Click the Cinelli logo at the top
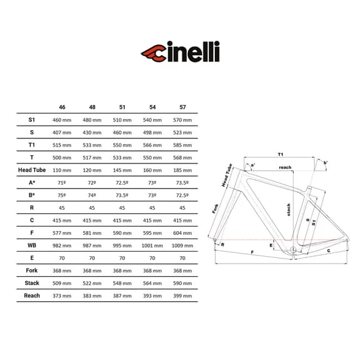click(x=180, y=51)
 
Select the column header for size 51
click(x=122, y=107)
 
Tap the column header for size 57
click(x=183, y=107)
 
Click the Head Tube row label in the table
click(x=32, y=170)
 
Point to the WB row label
click(x=32, y=245)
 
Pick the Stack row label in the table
click(x=32, y=283)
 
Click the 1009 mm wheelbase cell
click(x=183, y=245)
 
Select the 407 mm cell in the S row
click(x=62, y=133)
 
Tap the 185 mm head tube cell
click(x=183, y=170)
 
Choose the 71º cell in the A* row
click(x=62, y=183)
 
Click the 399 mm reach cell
click(x=183, y=296)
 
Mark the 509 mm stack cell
click(x=62, y=283)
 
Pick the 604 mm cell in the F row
click(x=183, y=233)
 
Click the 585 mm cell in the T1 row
click(x=183, y=145)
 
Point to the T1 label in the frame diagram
click(x=280, y=154)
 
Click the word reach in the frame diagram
click(x=285, y=167)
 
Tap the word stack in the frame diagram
click(x=289, y=210)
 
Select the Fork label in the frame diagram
click(x=215, y=208)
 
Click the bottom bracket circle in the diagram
click(x=293, y=250)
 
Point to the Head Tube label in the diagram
click(x=227, y=175)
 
